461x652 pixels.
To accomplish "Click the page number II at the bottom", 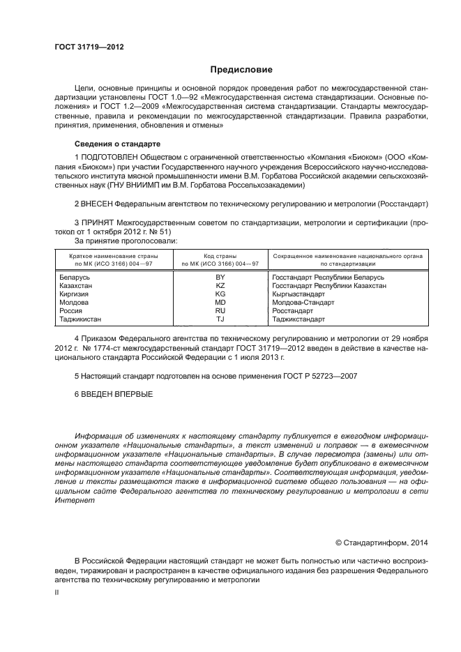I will click(x=57, y=591).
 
